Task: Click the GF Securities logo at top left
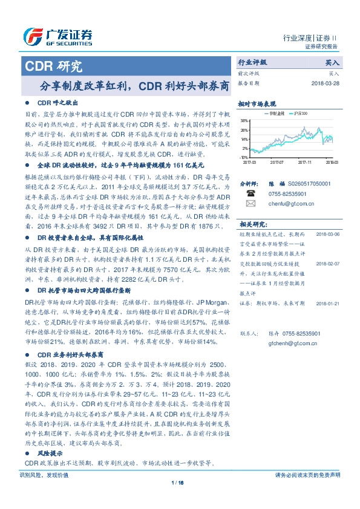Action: point(57,36)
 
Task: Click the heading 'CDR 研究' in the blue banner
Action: point(54,67)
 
